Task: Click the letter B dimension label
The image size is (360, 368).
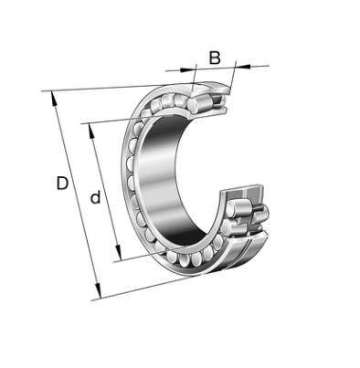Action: pyautogui.click(x=215, y=58)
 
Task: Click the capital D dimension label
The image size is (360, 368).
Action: pyautogui.click(x=62, y=183)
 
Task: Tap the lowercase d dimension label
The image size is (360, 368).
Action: pyautogui.click(x=95, y=197)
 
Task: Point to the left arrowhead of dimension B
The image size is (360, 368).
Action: pyautogui.click(x=186, y=69)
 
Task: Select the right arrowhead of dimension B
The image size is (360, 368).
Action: pyautogui.click(x=243, y=66)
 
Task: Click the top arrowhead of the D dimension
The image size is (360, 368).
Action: pyautogui.click(x=54, y=98)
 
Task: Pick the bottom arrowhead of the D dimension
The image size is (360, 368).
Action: pyautogui.click(x=98, y=291)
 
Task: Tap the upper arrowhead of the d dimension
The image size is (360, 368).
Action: pyautogui.click(x=91, y=131)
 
